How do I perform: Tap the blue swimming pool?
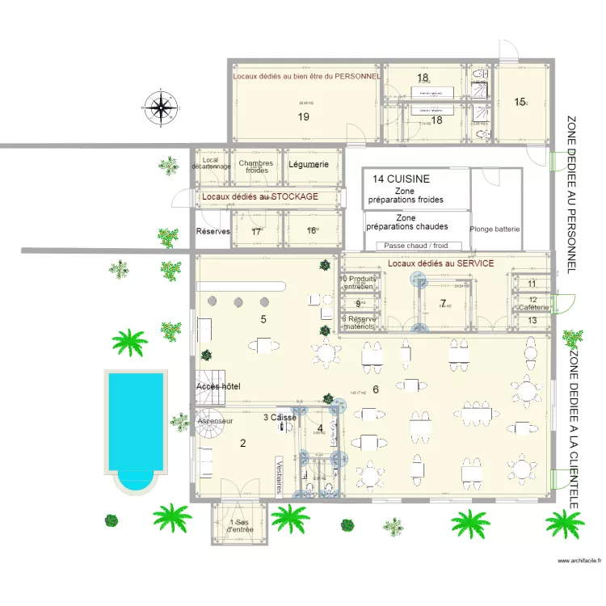[x=135, y=428]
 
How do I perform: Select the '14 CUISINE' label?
[x=401, y=179]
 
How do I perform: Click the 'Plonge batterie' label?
[x=494, y=229]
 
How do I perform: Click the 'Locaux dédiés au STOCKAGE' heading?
[x=259, y=196]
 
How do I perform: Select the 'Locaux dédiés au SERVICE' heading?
[x=440, y=263]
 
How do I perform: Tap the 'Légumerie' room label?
[x=309, y=164]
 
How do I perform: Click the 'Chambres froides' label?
[x=256, y=166]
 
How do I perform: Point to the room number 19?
[x=304, y=117]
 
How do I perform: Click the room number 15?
[x=520, y=102]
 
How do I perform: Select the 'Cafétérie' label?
[x=533, y=307]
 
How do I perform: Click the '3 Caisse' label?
[x=280, y=417]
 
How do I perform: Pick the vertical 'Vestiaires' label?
[x=279, y=476]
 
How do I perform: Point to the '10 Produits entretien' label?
[x=358, y=282]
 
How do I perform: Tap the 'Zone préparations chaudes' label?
[x=406, y=222]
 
